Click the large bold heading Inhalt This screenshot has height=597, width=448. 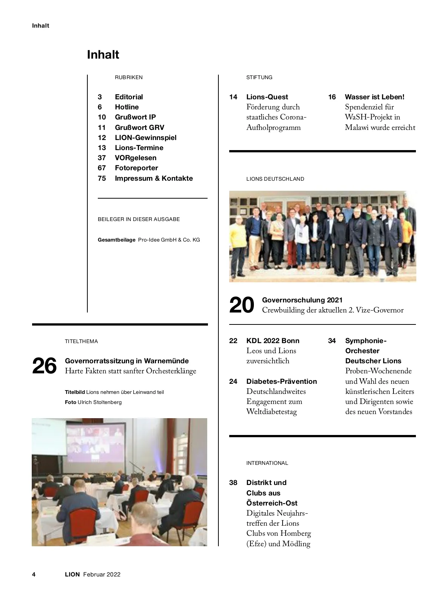pos(103,55)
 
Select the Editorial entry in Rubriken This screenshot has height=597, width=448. pos(129,97)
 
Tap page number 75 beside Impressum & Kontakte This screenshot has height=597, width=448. pos(102,178)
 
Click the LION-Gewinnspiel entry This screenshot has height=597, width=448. pos(146,138)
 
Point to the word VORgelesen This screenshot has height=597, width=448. pos(136,158)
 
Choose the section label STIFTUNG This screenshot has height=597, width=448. pos(259,78)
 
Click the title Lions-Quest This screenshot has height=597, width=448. pos(267,97)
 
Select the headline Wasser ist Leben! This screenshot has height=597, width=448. pos(374,97)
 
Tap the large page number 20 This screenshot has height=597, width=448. pos(242,305)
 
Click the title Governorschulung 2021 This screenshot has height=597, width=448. pos(302,300)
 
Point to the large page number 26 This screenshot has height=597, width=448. pos(44,366)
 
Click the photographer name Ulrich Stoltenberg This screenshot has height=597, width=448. pos(100,402)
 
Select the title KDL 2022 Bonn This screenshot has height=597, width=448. pos(273,341)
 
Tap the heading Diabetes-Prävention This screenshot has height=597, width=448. pos(281,382)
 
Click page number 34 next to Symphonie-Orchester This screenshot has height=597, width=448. pos(332,341)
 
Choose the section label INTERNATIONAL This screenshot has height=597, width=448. pos(267,463)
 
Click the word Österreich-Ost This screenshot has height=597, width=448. pos(272,503)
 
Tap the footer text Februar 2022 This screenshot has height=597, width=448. pos(102,575)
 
